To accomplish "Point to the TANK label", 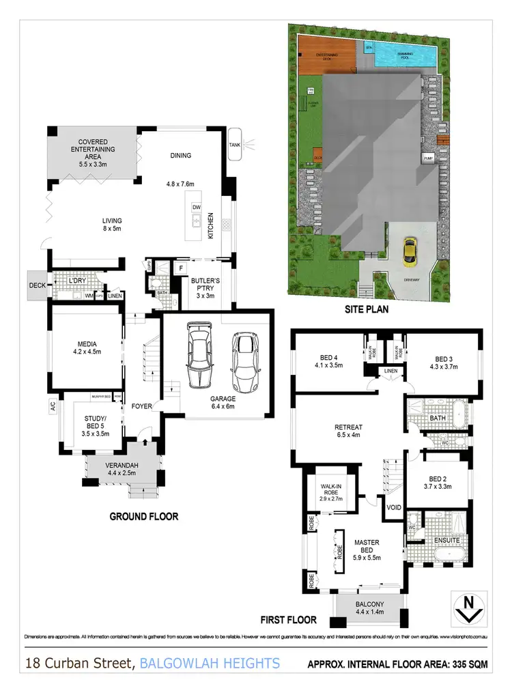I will tap(235, 145).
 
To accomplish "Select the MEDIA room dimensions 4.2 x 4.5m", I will tap(87, 352).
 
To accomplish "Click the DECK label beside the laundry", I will tap(37, 286).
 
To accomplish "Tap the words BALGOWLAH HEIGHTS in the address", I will tap(210, 663).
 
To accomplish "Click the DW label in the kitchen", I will tap(197, 207).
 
